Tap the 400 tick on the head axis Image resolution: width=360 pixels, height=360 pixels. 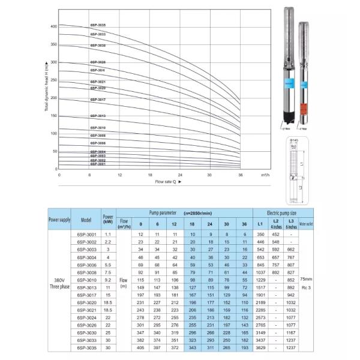[x=53, y=26]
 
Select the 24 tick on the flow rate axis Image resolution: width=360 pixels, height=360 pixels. [x=179, y=175]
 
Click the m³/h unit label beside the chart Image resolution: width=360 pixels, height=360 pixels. [x=265, y=175]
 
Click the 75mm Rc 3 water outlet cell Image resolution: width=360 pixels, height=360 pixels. [x=306, y=283]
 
